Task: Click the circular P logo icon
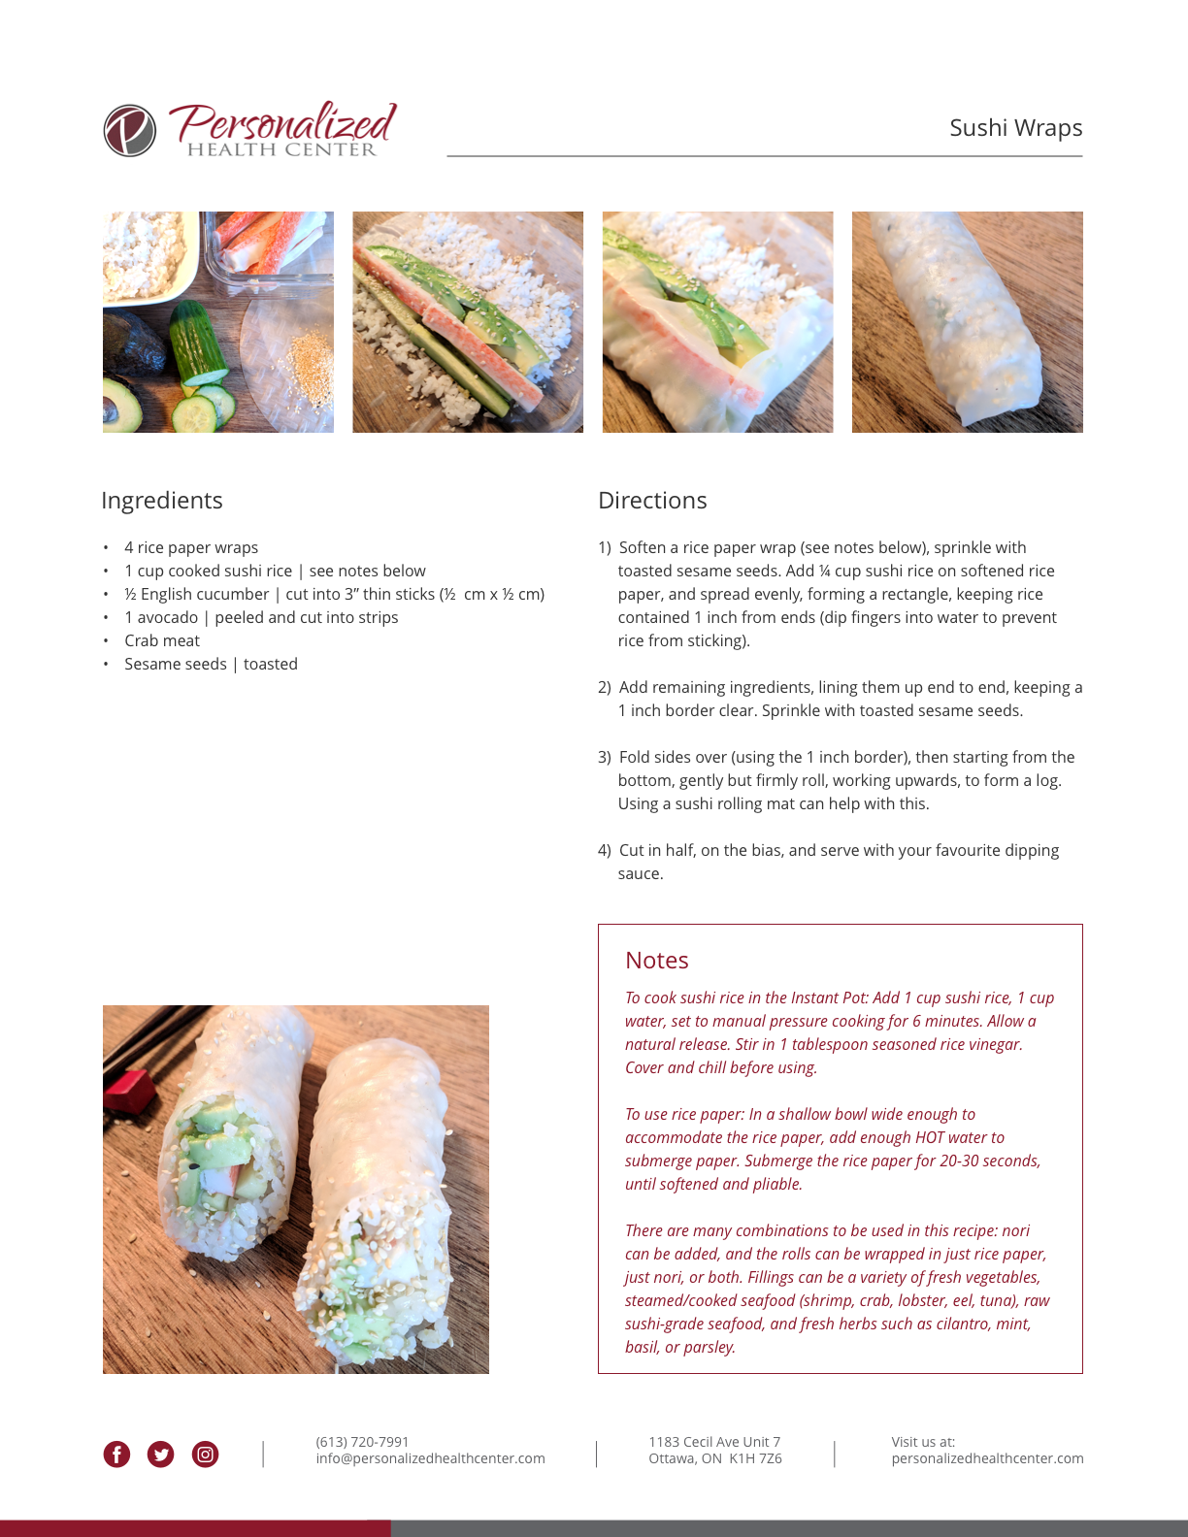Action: (129, 130)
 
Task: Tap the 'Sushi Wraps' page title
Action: (1015, 128)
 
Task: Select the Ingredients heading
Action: (162, 501)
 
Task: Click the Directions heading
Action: (652, 500)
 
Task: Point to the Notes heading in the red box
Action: (657, 960)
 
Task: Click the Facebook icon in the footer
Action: (116, 1455)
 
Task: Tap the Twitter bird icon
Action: (160, 1455)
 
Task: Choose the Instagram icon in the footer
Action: (205, 1455)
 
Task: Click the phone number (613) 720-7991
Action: (362, 1442)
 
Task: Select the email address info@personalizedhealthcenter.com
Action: (430, 1458)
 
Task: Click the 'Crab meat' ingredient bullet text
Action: (162, 640)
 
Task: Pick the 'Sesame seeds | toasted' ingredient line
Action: (211, 664)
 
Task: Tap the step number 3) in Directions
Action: (605, 758)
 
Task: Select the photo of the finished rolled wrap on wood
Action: (968, 322)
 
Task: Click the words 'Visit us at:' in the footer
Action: (923, 1442)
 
